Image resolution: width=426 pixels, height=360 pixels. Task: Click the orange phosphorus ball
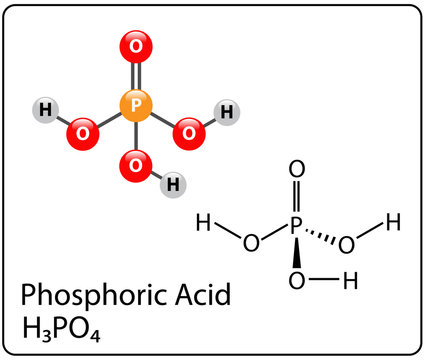coord(136,103)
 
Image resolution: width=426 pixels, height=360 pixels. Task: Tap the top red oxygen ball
coord(136,45)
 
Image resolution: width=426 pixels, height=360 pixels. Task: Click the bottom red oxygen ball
coord(136,162)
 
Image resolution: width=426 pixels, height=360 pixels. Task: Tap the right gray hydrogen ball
coord(227,111)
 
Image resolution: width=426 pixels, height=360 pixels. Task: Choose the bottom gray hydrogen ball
coord(173,184)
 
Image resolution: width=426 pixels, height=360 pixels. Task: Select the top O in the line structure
coord(295,171)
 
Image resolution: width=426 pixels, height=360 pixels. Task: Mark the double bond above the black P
coord(295,200)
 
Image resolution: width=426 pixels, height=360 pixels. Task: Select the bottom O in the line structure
coord(295,281)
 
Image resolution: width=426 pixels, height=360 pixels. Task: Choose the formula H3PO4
coord(62,328)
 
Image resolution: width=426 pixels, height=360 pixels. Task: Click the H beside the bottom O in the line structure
coord(349,281)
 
